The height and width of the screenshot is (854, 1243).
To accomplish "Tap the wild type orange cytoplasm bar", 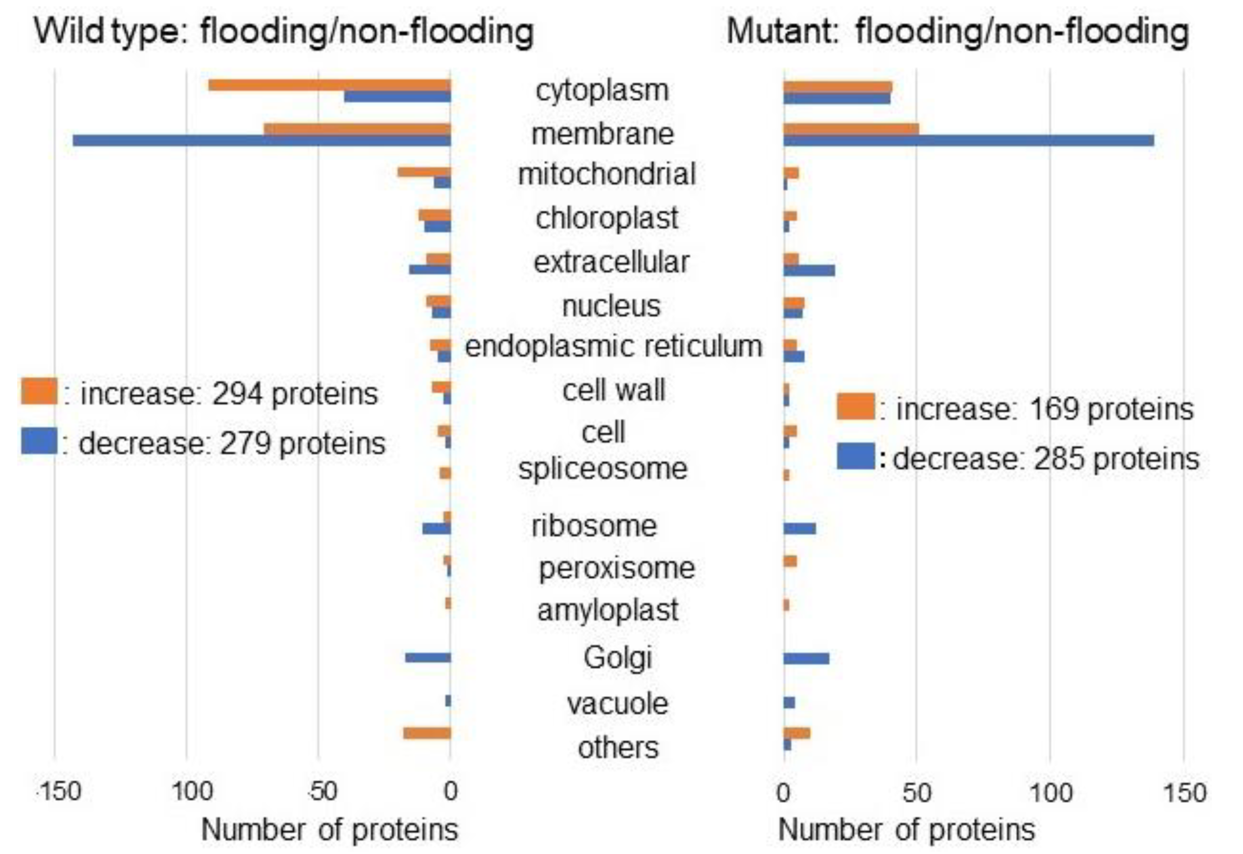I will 329,85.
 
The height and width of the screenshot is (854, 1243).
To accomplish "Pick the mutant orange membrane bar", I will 851,129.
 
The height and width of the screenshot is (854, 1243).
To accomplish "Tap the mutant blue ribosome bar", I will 799,529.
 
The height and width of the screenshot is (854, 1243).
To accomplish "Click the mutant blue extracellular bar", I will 808,270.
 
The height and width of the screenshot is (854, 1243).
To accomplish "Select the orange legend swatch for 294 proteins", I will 39,392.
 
